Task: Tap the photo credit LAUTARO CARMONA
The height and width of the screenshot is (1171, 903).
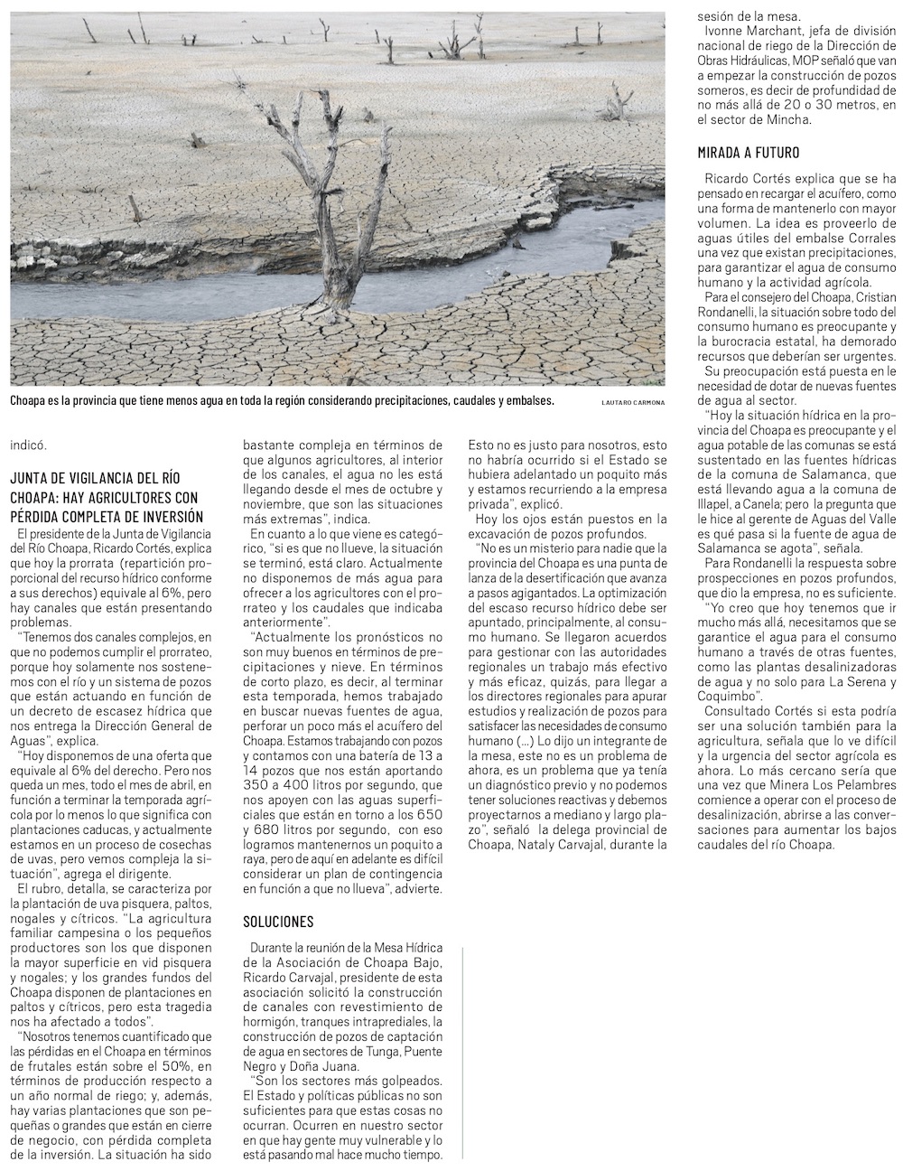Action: [x=632, y=402]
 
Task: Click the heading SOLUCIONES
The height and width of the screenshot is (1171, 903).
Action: [x=278, y=921]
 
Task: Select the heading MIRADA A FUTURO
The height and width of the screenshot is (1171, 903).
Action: [x=749, y=152]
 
